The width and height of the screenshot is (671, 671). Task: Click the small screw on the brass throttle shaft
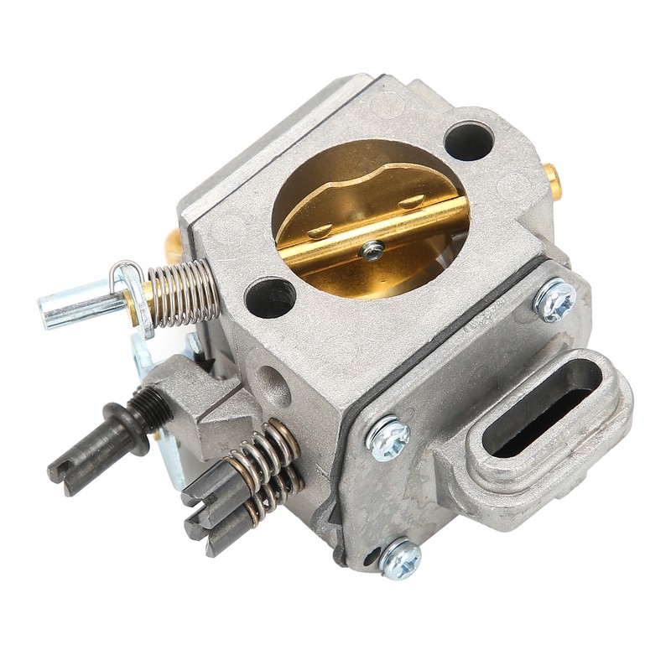(x=371, y=248)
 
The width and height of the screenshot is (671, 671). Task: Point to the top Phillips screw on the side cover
(x=554, y=299)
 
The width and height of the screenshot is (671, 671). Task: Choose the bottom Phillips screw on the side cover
(x=400, y=558)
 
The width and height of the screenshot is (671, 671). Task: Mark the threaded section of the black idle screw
(x=147, y=410)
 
